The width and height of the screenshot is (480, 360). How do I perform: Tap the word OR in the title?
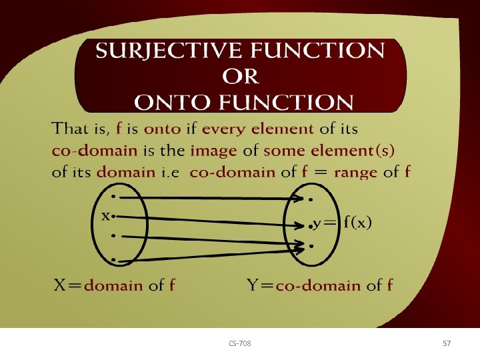click(x=240, y=77)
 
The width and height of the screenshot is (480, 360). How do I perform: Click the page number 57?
click(x=447, y=343)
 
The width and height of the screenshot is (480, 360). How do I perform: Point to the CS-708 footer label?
click(x=240, y=343)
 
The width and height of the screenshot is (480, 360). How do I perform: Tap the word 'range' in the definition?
click(x=356, y=172)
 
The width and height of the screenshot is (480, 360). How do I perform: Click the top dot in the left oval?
click(x=114, y=197)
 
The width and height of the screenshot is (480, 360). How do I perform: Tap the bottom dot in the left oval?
click(x=114, y=259)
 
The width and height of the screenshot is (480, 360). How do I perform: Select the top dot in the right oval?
click(x=311, y=199)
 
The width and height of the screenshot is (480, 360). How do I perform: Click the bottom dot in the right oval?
click(x=311, y=247)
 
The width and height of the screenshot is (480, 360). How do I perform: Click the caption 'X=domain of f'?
click(x=114, y=286)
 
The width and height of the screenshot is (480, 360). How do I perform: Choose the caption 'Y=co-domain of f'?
click(x=320, y=286)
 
